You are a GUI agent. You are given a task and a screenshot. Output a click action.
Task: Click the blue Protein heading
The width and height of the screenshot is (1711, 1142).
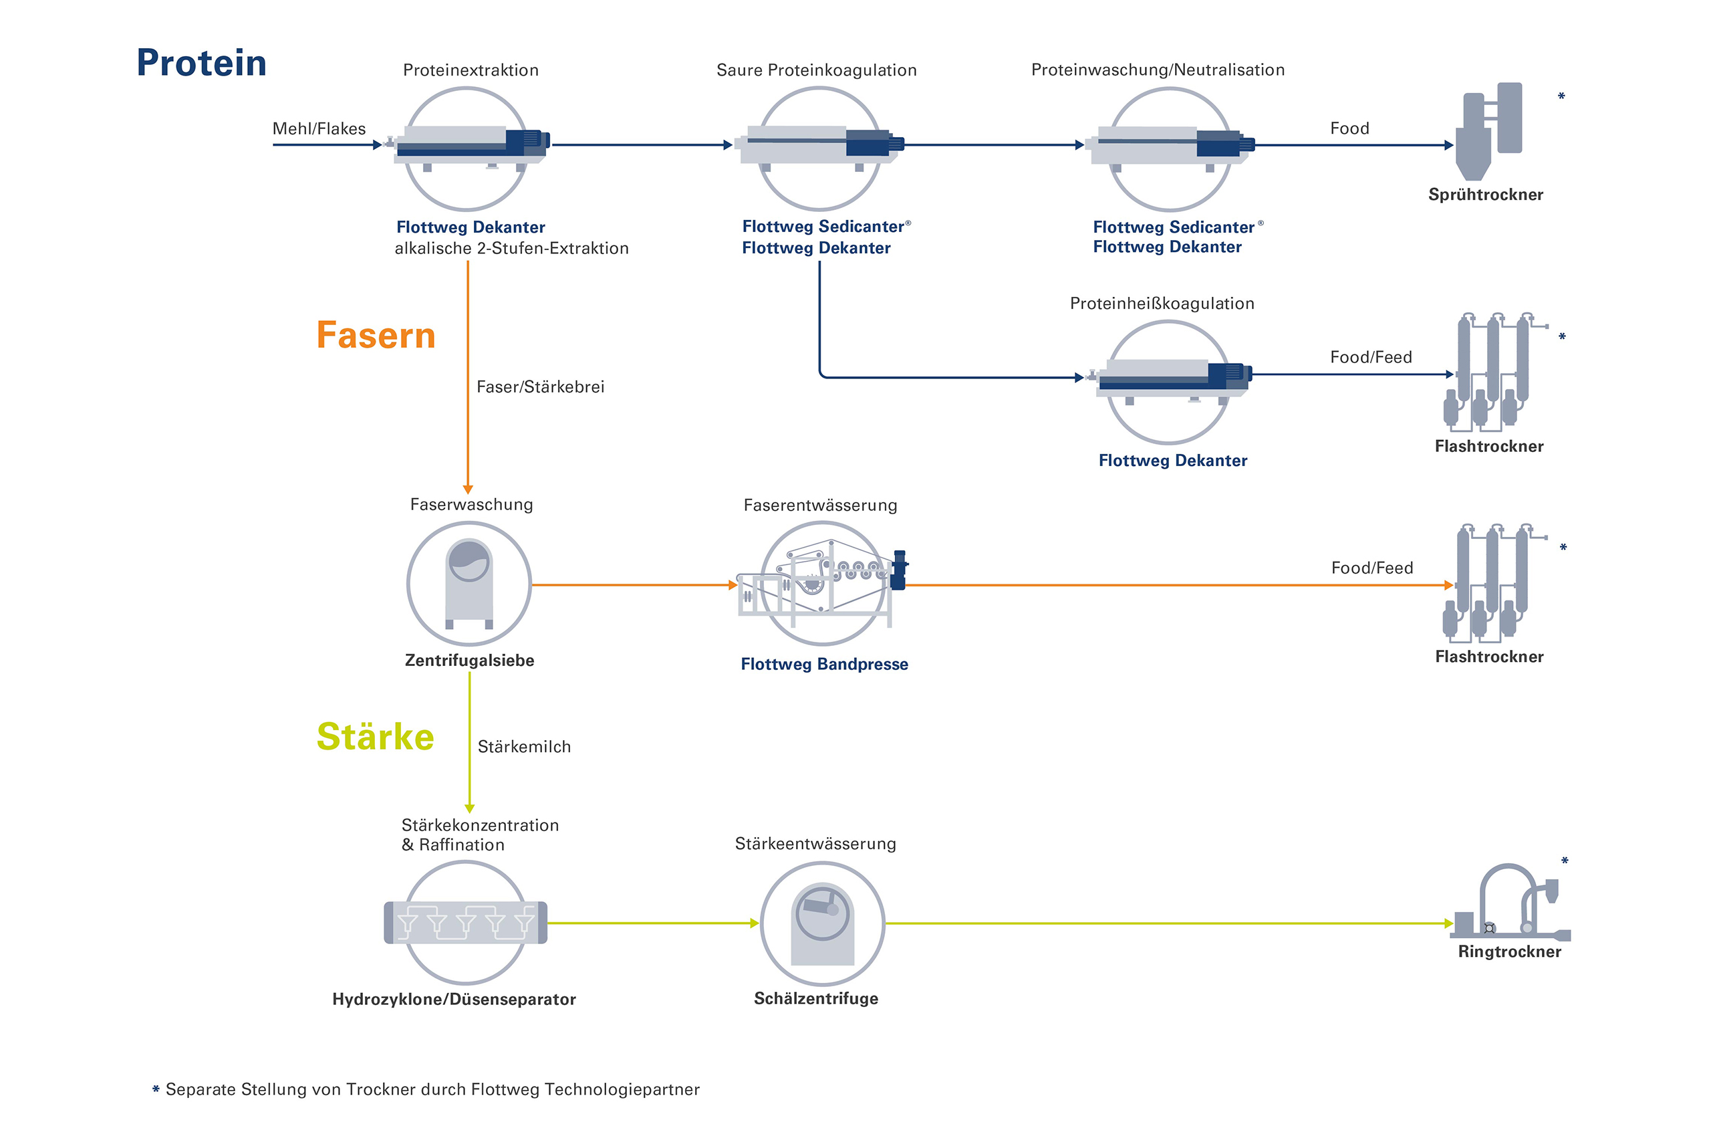(202, 64)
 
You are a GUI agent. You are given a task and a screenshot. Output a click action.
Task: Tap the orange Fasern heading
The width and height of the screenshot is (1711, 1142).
(376, 336)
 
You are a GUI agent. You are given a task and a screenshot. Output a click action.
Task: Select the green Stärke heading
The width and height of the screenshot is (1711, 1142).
(375, 737)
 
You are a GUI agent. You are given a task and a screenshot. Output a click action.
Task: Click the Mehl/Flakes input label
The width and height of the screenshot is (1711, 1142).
(319, 129)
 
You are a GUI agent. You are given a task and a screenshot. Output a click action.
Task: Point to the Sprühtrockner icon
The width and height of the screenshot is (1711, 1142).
(1489, 131)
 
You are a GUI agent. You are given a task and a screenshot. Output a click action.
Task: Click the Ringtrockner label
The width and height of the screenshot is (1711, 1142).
(1509, 952)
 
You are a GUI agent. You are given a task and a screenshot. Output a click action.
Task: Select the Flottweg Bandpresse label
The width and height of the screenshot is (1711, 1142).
(824, 664)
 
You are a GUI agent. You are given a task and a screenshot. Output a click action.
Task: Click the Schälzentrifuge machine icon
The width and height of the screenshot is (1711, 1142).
(822, 923)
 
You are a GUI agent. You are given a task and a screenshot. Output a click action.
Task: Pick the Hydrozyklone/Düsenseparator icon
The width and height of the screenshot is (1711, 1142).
(465, 923)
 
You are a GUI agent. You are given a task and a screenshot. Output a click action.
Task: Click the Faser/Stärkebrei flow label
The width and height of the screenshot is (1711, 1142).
(540, 386)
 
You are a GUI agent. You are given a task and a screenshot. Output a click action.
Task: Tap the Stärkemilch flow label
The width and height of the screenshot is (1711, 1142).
(524, 747)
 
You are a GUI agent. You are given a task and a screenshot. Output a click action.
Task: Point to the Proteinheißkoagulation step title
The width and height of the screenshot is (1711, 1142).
(1162, 304)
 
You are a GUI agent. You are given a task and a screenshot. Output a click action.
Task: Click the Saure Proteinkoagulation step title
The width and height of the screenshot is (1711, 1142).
(816, 70)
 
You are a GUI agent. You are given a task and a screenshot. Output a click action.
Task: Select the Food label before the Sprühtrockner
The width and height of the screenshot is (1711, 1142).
(1349, 129)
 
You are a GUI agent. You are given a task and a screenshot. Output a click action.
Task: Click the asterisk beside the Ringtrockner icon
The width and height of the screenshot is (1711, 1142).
(1565, 862)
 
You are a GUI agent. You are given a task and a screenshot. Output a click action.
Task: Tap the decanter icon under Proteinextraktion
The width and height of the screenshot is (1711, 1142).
(470, 146)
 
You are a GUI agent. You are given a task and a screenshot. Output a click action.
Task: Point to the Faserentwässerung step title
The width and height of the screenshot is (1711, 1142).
(820, 505)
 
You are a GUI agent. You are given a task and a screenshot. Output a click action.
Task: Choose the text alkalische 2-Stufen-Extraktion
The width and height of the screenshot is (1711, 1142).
(511, 248)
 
